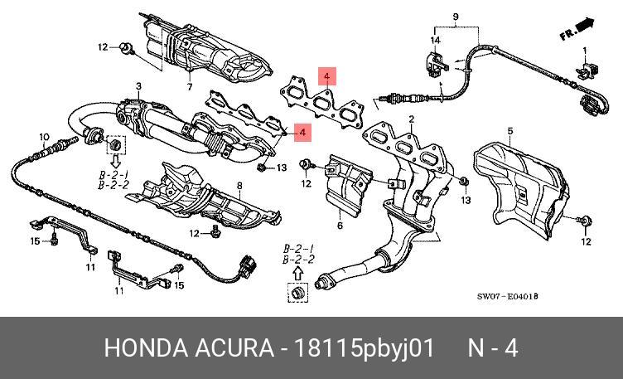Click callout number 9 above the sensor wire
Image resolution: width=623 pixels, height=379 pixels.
pyautogui.click(x=455, y=17)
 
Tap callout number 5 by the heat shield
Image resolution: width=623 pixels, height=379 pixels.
pyautogui.click(x=510, y=130)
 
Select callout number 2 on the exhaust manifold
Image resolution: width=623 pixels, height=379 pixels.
pyautogui.click(x=411, y=119)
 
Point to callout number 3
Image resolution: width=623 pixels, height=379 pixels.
pyautogui.click(x=138, y=86)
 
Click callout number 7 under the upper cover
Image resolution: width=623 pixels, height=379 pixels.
pyautogui.click(x=188, y=86)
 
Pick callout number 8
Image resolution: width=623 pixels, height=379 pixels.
pyautogui.click(x=239, y=185)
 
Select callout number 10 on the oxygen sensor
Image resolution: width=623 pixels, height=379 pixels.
pyautogui.click(x=43, y=135)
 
